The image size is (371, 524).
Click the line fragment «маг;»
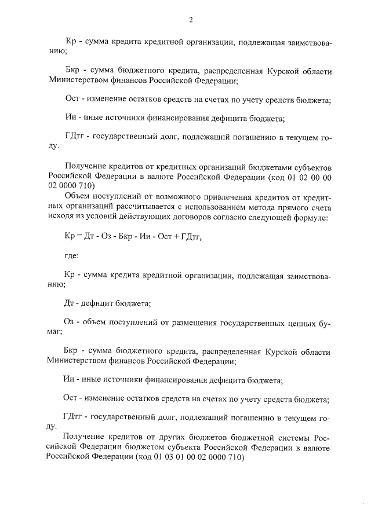[x=55, y=332]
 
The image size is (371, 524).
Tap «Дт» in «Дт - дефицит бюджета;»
[x=69, y=303]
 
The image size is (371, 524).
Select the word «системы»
[x=289, y=436]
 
